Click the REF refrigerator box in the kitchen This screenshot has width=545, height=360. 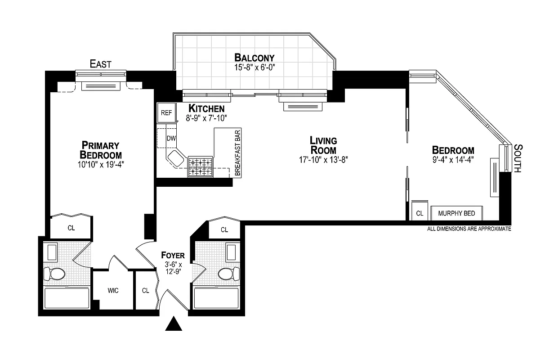(x=166, y=112)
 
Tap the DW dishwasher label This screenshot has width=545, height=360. (x=171, y=138)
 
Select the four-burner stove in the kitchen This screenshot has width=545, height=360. (x=200, y=166)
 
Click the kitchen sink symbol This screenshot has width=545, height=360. (x=175, y=157)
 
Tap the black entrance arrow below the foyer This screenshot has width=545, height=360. (x=174, y=324)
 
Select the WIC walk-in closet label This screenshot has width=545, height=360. (x=113, y=291)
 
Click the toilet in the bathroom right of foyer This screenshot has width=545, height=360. (x=228, y=273)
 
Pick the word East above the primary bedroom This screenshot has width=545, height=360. (x=100, y=64)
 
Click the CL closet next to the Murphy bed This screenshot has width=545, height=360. (x=419, y=213)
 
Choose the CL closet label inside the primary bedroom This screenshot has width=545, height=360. (x=71, y=228)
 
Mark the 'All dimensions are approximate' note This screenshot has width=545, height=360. (x=469, y=229)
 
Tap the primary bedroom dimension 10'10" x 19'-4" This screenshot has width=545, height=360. (x=100, y=164)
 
